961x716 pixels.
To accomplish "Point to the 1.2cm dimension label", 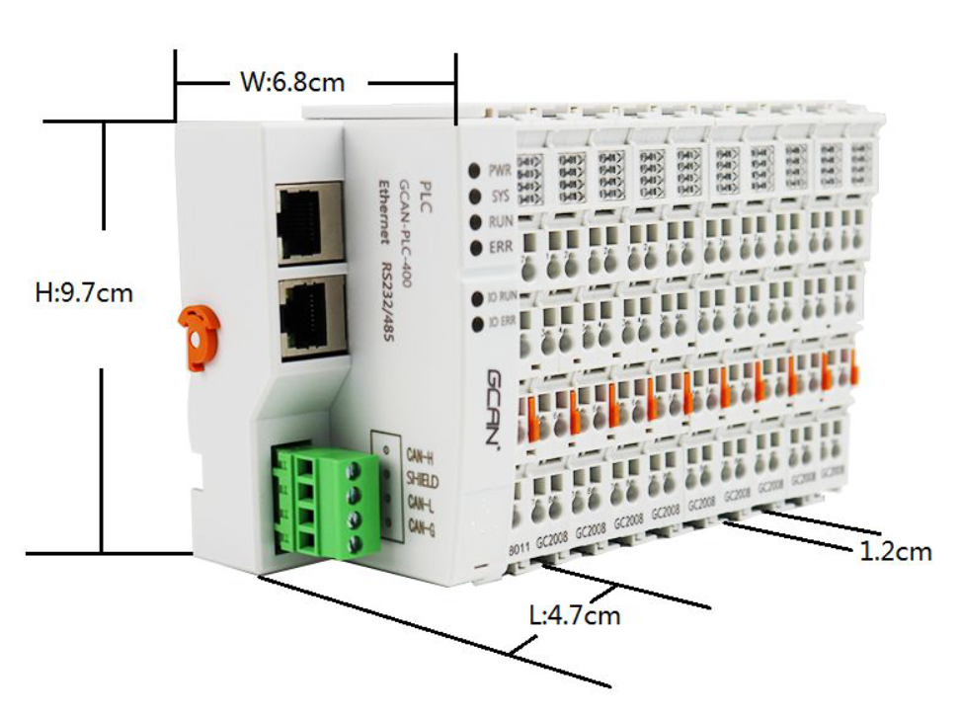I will coord(893,551).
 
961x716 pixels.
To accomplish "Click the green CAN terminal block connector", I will coord(327,498).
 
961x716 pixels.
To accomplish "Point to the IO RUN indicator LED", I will coord(478,296).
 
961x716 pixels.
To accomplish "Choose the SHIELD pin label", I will coord(422,481).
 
